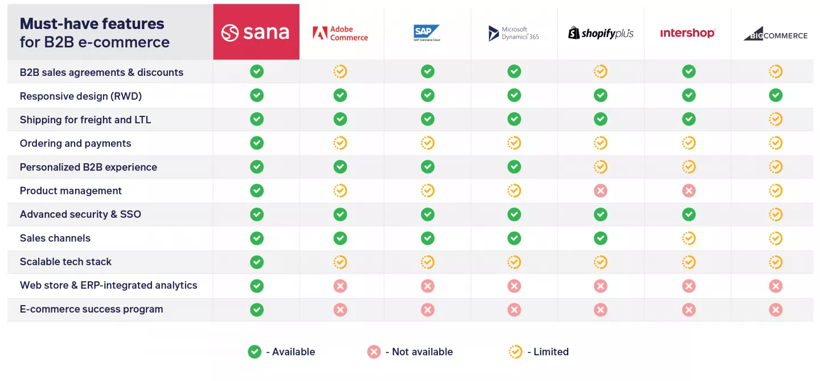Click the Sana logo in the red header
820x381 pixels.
click(x=256, y=33)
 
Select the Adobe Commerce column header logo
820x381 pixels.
click(x=341, y=33)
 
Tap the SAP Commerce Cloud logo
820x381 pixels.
click(x=427, y=33)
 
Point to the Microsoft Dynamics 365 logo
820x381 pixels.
click(x=514, y=33)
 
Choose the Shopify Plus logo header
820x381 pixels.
click(x=601, y=33)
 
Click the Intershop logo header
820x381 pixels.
click(x=687, y=33)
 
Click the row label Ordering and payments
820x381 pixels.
click(x=75, y=143)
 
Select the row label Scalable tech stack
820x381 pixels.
click(x=65, y=262)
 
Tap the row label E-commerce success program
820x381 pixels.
click(x=91, y=309)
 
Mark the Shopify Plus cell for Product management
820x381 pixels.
click(x=601, y=190)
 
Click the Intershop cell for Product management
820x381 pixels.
click(x=689, y=190)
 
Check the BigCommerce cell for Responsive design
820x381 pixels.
click(x=776, y=95)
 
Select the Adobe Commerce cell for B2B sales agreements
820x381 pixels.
click(x=341, y=71)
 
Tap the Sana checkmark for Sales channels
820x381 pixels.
click(x=257, y=238)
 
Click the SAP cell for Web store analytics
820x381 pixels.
click(x=428, y=286)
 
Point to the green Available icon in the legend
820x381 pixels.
click(x=255, y=352)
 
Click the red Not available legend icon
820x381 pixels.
click(x=374, y=352)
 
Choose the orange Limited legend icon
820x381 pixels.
click(x=515, y=352)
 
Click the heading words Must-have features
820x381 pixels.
click(x=92, y=24)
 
